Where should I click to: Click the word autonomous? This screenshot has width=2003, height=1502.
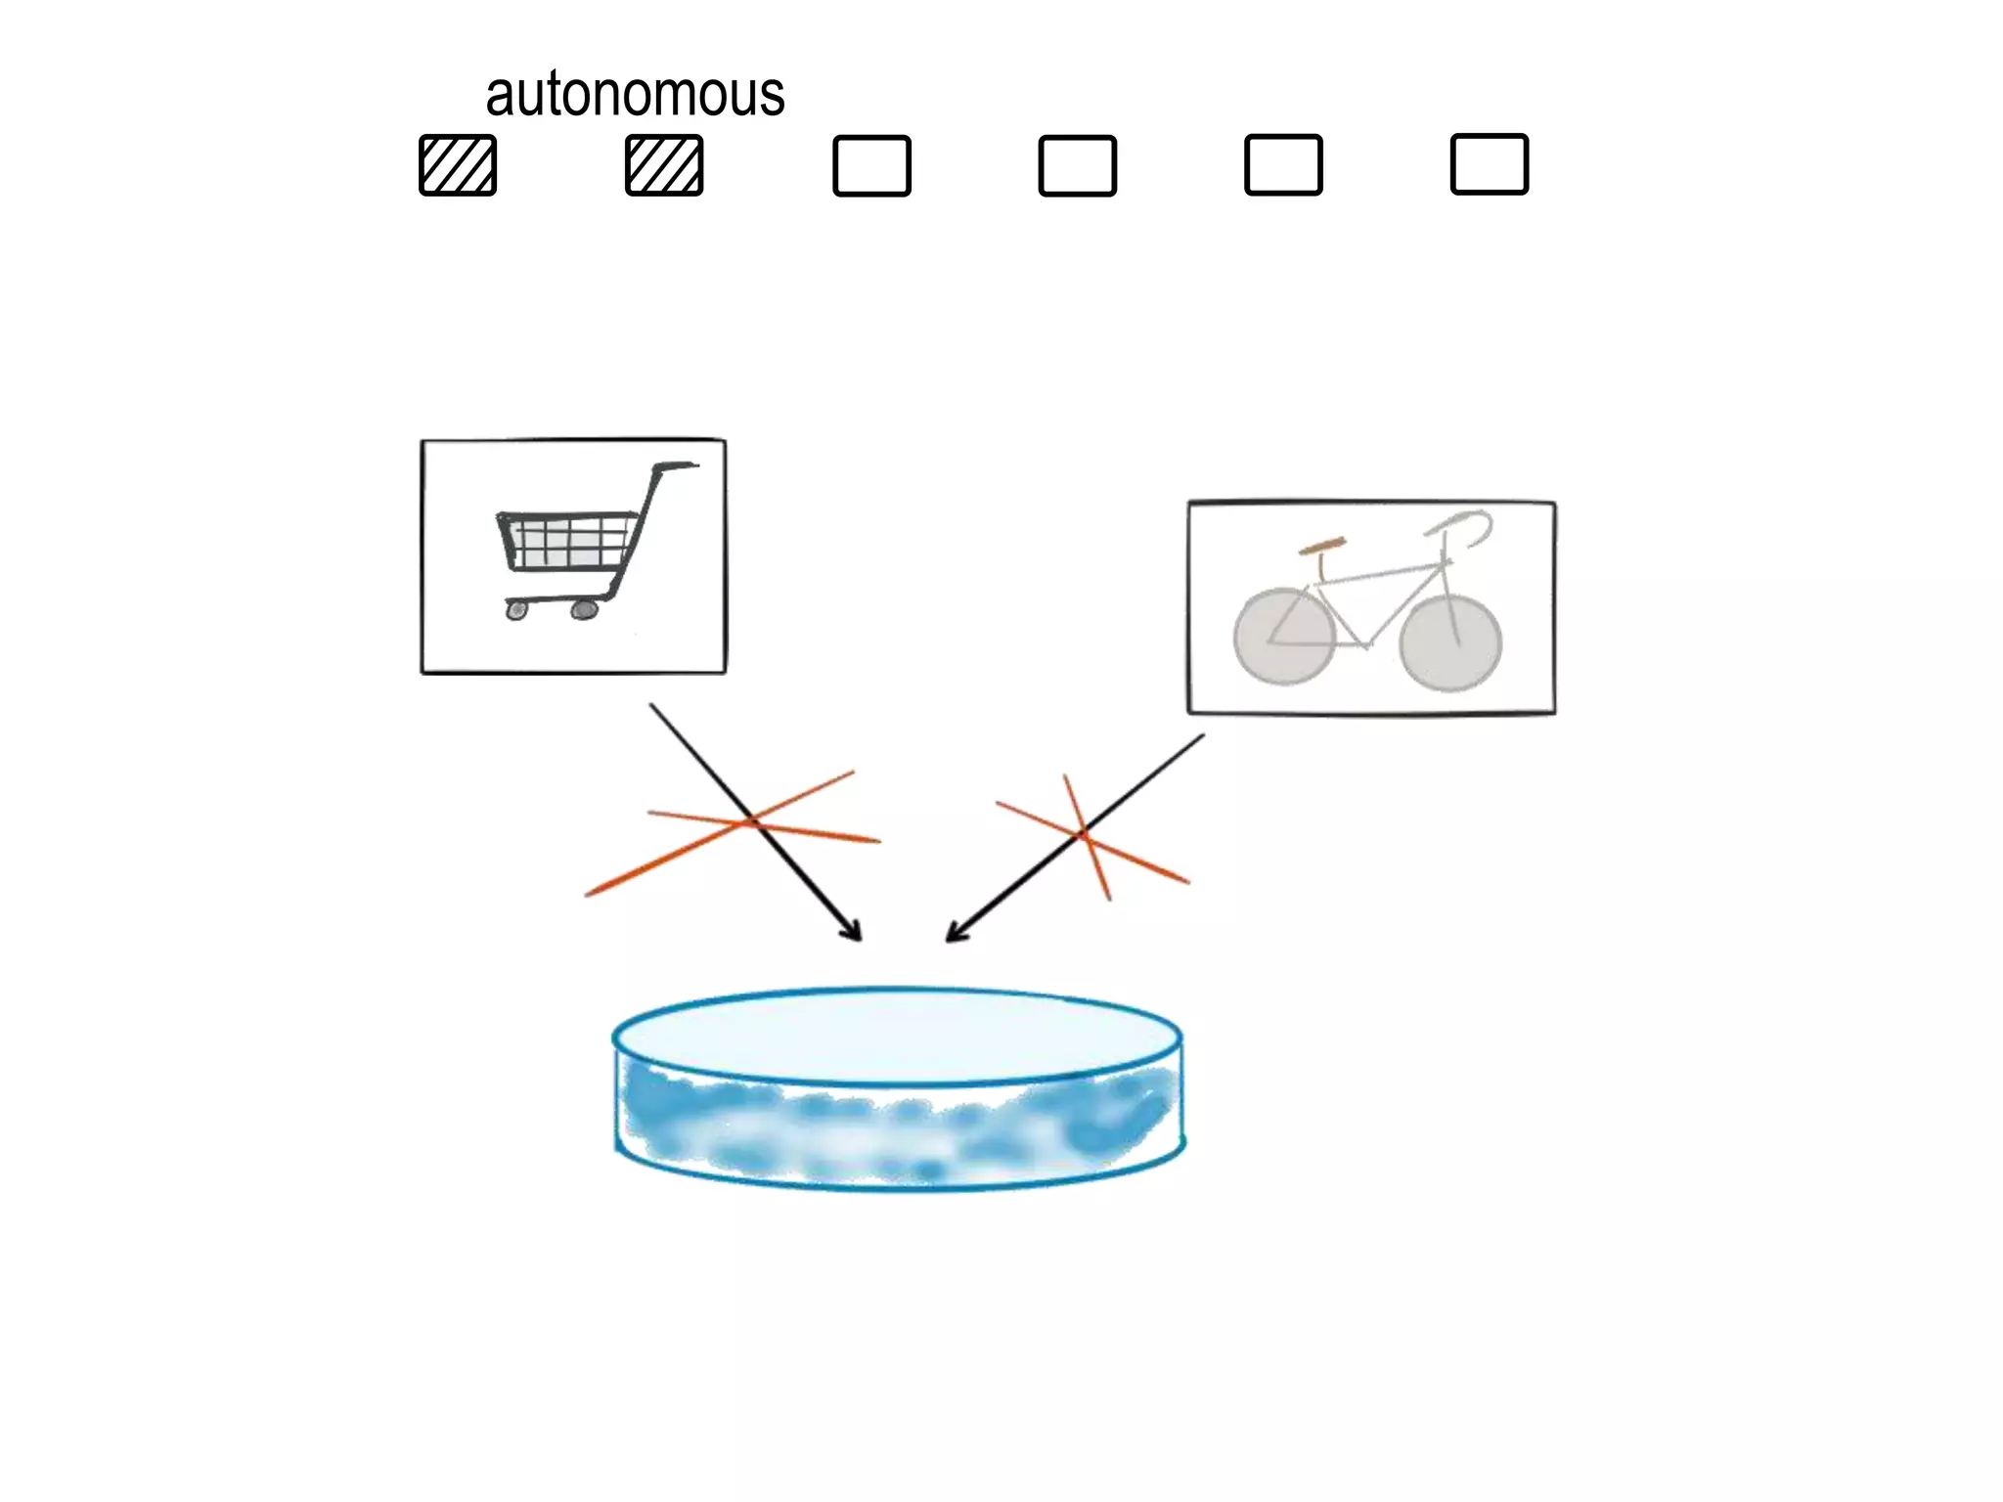(x=635, y=95)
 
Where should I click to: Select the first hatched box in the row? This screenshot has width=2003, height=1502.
(x=458, y=165)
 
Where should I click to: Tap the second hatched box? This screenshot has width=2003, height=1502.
(x=664, y=165)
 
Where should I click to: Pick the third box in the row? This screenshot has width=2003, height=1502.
(x=871, y=165)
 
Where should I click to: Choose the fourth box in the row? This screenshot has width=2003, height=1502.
(x=1078, y=165)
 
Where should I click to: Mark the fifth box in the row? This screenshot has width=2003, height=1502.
(x=1283, y=165)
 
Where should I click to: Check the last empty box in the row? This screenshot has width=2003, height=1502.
(x=1489, y=164)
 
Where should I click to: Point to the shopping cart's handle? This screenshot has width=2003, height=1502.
(x=676, y=467)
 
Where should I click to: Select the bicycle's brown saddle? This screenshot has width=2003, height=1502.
(x=1322, y=547)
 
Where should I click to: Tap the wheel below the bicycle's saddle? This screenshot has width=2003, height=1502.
(x=1283, y=637)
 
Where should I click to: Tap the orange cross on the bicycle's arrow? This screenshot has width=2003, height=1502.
(x=1085, y=835)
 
